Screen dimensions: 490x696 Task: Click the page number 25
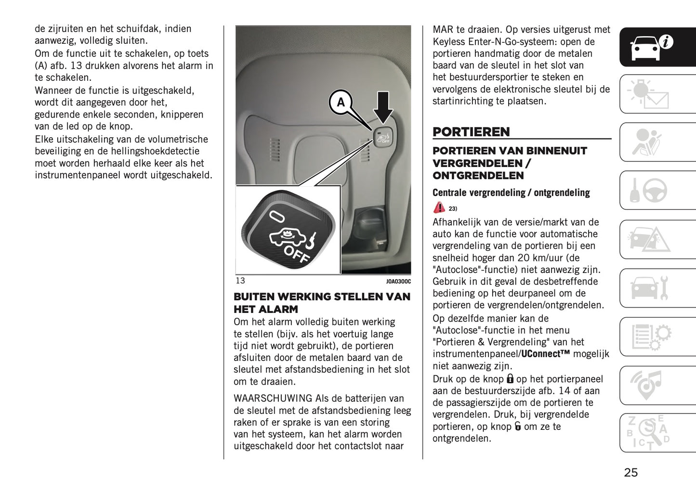[x=630, y=472]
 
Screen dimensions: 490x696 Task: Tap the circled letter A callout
[x=341, y=102]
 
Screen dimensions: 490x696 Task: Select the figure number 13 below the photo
[x=240, y=281]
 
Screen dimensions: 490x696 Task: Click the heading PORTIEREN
[x=471, y=132]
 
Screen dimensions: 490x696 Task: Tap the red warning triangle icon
[x=439, y=207]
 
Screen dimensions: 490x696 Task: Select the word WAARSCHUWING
[x=273, y=399]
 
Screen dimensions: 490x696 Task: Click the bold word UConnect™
[x=546, y=354]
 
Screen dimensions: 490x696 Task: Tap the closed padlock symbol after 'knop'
[x=510, y=379]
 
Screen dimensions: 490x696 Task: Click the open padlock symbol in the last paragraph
[x=518, y=426]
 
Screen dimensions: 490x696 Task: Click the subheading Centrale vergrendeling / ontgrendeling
[x=511, y=193]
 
